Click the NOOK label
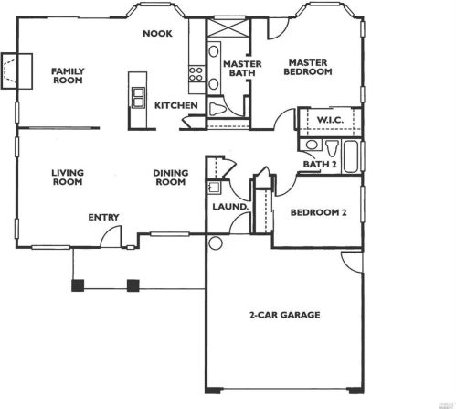[157, 34]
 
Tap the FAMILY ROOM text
[68, 76]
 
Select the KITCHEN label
[176, 105]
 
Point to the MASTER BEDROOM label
[308, 68]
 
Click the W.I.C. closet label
[330, 120]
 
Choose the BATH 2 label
[320, 165]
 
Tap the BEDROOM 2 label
[318, 212]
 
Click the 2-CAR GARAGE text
[285, 315]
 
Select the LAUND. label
[230, 207]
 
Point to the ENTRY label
[103, 218]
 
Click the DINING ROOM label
[171, 178]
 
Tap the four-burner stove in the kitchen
[196, 74]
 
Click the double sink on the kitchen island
[138, 97]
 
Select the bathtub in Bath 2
[351, 157]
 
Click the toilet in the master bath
[217, 109]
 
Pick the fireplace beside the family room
[16, 71]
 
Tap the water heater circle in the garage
[216, 243]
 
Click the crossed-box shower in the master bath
[228, 28]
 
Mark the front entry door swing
[111, 237]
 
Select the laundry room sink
[214, 188]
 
